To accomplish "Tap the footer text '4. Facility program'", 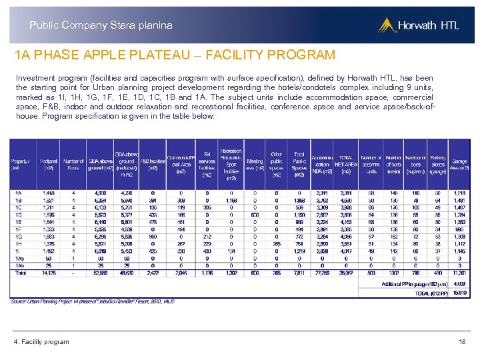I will pyautogui.click(x=41, y=342).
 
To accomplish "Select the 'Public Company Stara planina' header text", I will pyautogui.click(x=101, y=25).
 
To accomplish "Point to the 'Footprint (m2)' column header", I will pyautogui.click(x=49, y=164).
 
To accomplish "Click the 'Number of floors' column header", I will pyautogui.click(x=73, y=164).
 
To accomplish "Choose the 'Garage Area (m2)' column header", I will pyautogui.click(x=459, y=164).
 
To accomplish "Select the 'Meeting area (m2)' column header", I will pyautogui.click(x=254, y=164).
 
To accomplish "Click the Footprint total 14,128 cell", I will pyautogui.click(x=49, y=273).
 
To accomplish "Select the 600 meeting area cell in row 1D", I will pyautogui.click(x=254, y=214).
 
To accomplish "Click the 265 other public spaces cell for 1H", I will pyautogui.click(x=277, y=243).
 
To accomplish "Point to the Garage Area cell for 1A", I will pyautogui.click(x=459, y=193).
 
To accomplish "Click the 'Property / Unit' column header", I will pyautogui.click(x=20, y=164).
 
